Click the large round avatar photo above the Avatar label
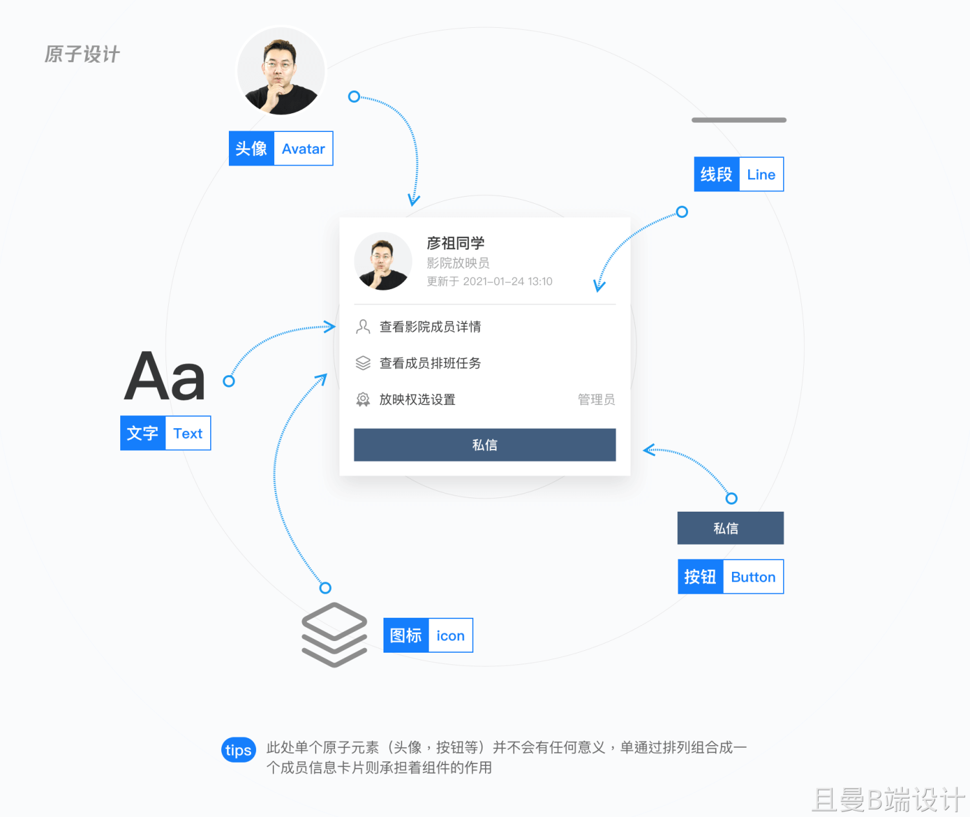pyautogui.click(x=281, y=71)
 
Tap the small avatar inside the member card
pyautogui.click(x=383, y=261)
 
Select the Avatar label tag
pyautogui.click(x=281, y=149)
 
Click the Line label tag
pyautogui.click(x=738, y=175)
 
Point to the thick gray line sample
pyautogui.click(x=738, y=120)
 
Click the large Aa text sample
pyautogui.click(x=165, y=377)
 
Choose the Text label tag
pyautogui.click(x=166, y=433)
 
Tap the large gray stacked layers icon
pyautogui.click(x=334, y=635)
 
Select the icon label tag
pyautogui.click(x=428, y=636)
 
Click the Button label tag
pyautogui.click(x=730, y=577)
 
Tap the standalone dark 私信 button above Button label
pyautogui.click(x=730, y=528)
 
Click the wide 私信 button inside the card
pyautogui.click(x=484, y=445)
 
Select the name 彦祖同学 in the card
pyautogui.click(x=455, y=243)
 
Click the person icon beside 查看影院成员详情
pyautogui.click(x=363, y=327)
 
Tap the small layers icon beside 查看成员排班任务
pyautogui.click(x=363, y=364)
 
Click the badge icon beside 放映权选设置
pyautogui.click(x=363, y=400)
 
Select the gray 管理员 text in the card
pyautogui.click(x=596, y=400)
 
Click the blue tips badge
pyautogui.click(x=239, y=750)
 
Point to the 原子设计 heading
pyautogui.click(x=82, y=54)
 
